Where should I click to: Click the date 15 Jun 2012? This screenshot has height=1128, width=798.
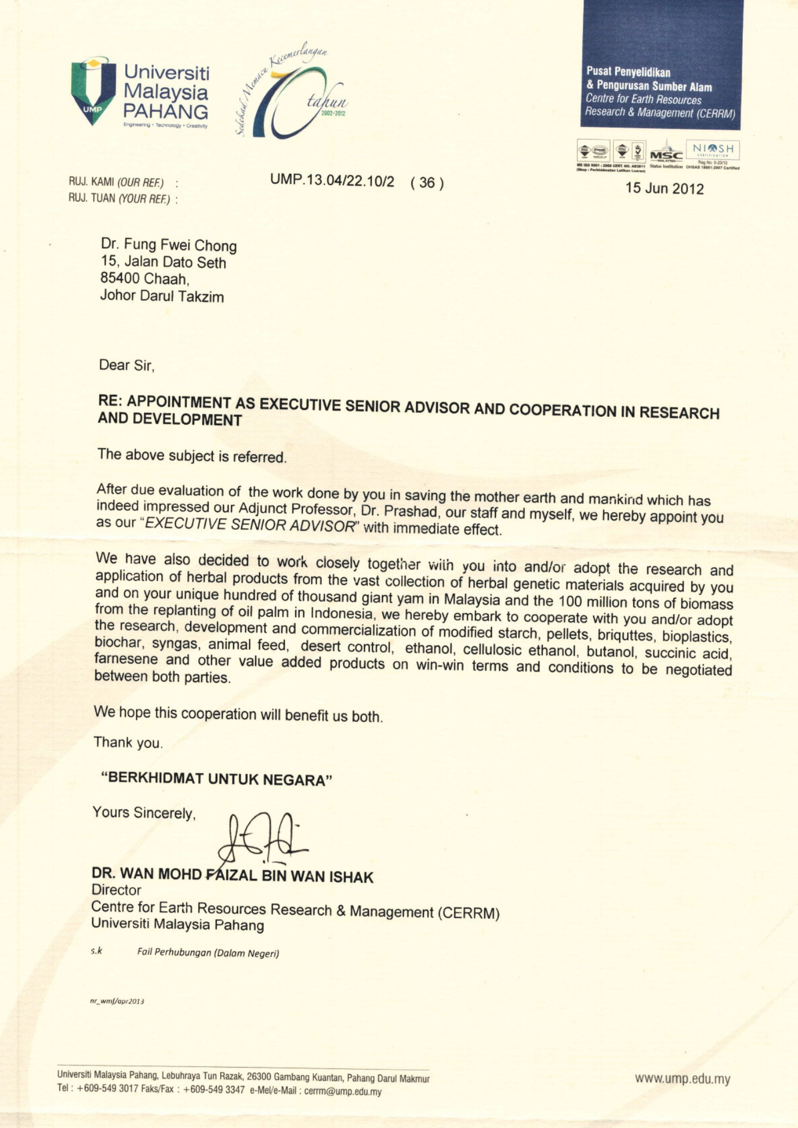tap(664, 188)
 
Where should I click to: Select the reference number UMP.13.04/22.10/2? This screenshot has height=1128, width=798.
tap(332, 180)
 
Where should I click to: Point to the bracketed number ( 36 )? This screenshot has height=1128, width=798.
tap(427, 182)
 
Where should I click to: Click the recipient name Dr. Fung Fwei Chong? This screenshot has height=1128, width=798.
tap(169, 245)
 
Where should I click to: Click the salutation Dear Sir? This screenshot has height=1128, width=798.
tap(126, 365)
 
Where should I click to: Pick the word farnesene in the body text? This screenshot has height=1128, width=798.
tap(126, 659)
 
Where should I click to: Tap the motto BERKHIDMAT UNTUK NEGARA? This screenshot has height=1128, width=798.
tap(217, 779)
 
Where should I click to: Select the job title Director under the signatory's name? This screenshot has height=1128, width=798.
tap(116, 890)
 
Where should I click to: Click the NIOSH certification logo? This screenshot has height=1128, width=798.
tap(712, 150)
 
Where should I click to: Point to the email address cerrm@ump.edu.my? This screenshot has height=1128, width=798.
tap(343, 1091)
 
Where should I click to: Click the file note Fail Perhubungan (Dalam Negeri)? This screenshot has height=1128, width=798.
tap(208, 953)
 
